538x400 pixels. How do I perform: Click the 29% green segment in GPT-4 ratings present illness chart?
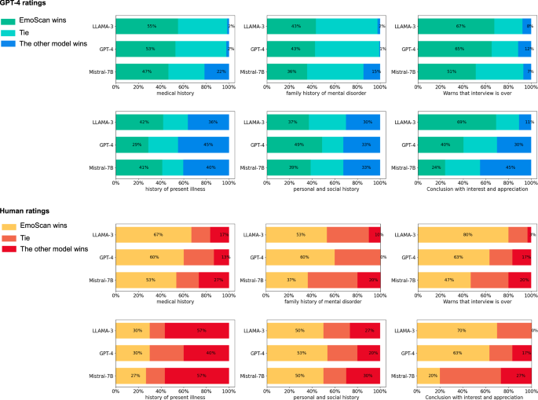tap(131, 145)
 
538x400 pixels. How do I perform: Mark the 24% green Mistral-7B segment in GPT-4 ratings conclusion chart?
tap(431, 167)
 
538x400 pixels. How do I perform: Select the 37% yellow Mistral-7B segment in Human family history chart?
tap(287, 280)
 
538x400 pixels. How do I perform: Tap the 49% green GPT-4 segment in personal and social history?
tap(294, 145)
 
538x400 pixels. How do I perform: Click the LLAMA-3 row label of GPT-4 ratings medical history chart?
tap(101, 26)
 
